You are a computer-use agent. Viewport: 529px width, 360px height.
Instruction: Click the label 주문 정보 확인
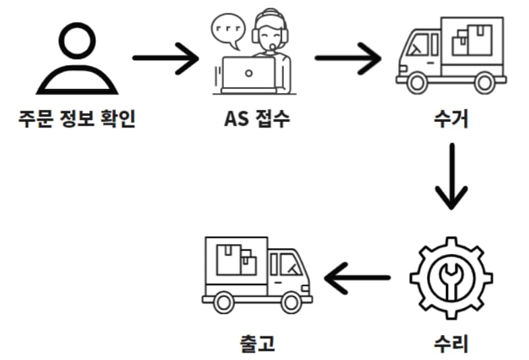(76, 119)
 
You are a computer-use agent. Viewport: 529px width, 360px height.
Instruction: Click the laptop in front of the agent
(249, 74)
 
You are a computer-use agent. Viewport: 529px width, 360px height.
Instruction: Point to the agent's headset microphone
(271, 47)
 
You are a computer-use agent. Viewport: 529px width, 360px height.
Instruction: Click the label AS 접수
(256, 119)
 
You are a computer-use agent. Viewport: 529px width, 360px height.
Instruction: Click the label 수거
(451, 119)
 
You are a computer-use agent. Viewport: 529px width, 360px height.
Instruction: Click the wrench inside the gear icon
(451, 277)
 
